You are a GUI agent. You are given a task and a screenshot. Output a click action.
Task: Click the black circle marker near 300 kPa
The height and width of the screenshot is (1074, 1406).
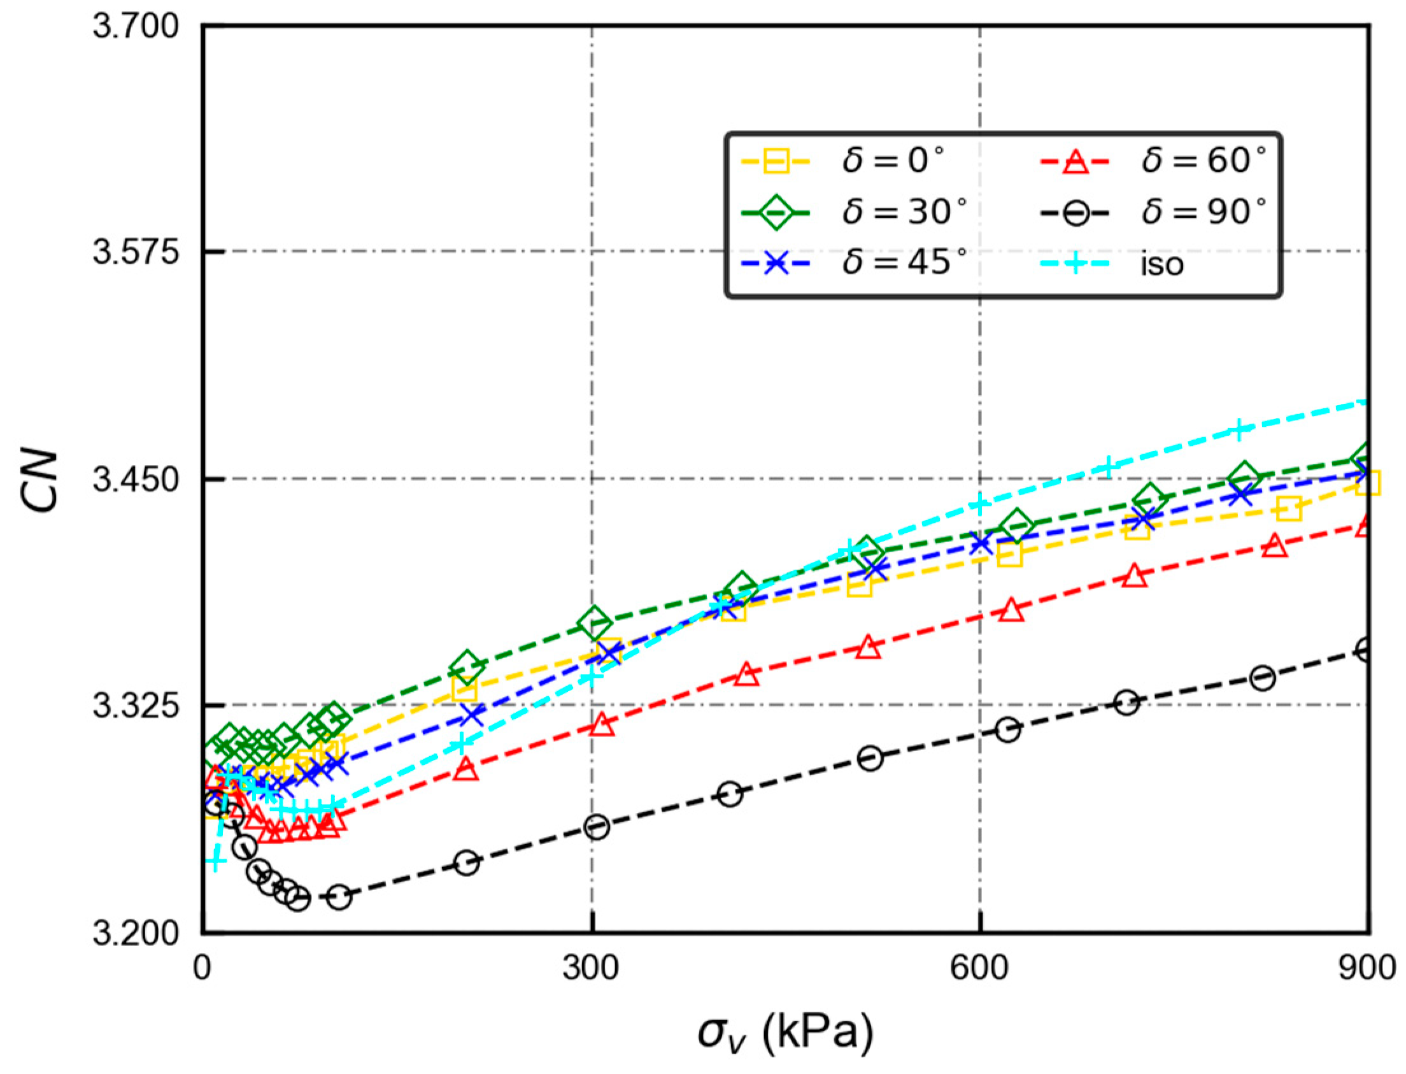click(596, 827)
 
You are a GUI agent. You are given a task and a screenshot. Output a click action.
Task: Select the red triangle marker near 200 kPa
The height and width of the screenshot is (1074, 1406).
click(466, 768)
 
